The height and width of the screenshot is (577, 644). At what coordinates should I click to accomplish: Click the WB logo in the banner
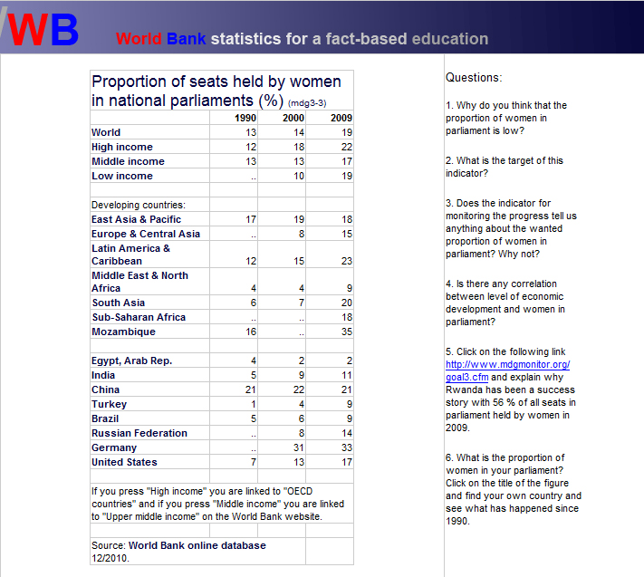[41, 28]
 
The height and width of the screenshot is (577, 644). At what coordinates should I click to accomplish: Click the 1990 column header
[245, 119]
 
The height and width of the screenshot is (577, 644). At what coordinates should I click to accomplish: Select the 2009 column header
[341, 119]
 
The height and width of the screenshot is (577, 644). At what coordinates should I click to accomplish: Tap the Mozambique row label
[123, 332]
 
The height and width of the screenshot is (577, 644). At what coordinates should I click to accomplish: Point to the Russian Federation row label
[139, 433]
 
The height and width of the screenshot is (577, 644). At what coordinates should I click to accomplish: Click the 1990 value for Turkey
[254, 404]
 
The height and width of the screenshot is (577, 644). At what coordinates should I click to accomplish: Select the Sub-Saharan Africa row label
[139, 317]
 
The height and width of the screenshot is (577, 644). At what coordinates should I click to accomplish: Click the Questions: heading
[474, 78]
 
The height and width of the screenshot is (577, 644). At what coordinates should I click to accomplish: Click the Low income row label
[122, 176]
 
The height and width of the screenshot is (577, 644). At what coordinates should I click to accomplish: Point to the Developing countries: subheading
[139, 205]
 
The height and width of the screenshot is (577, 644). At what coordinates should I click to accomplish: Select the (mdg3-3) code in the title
[307, 103]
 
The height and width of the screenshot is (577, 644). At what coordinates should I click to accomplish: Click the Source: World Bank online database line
[179, 545]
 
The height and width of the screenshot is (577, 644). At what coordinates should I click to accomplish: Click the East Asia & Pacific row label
[136, 219]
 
